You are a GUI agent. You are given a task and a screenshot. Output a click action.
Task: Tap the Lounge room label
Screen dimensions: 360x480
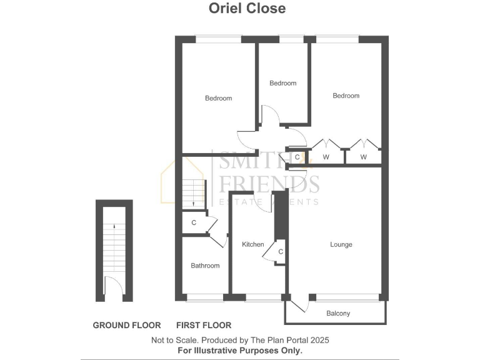pos(341,244)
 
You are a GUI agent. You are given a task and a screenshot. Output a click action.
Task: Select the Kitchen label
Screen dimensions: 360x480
pos(253,244)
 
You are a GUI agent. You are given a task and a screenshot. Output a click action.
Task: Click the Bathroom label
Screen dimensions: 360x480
pos(205,266)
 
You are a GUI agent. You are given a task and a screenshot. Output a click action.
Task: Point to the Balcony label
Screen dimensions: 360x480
pos(338,313)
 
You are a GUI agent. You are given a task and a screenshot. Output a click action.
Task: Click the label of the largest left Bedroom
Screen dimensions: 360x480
pos(219,98)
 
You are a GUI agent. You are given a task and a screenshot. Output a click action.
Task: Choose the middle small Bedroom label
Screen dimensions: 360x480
pos(282,83)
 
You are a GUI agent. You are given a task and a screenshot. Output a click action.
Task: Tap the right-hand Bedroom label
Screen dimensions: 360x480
pos(346,96)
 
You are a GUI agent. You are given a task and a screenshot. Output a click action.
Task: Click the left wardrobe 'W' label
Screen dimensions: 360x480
pos(326,156)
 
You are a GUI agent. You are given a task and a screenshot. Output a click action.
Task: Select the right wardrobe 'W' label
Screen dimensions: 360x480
pos(363,156)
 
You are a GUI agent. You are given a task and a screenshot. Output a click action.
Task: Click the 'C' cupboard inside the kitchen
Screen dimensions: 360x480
pos(281,252)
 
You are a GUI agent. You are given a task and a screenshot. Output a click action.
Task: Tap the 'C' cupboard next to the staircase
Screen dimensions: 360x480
pos(194,222)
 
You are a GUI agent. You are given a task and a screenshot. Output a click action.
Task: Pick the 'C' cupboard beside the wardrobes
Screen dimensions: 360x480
pos(297,157)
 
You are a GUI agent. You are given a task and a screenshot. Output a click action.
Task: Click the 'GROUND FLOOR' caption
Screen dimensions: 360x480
pos(127,325)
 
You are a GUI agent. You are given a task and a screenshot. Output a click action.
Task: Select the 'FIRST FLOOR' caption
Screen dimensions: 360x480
pos(204,325)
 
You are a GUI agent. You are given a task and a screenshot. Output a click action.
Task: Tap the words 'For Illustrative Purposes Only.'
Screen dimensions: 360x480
pos(240,351)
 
